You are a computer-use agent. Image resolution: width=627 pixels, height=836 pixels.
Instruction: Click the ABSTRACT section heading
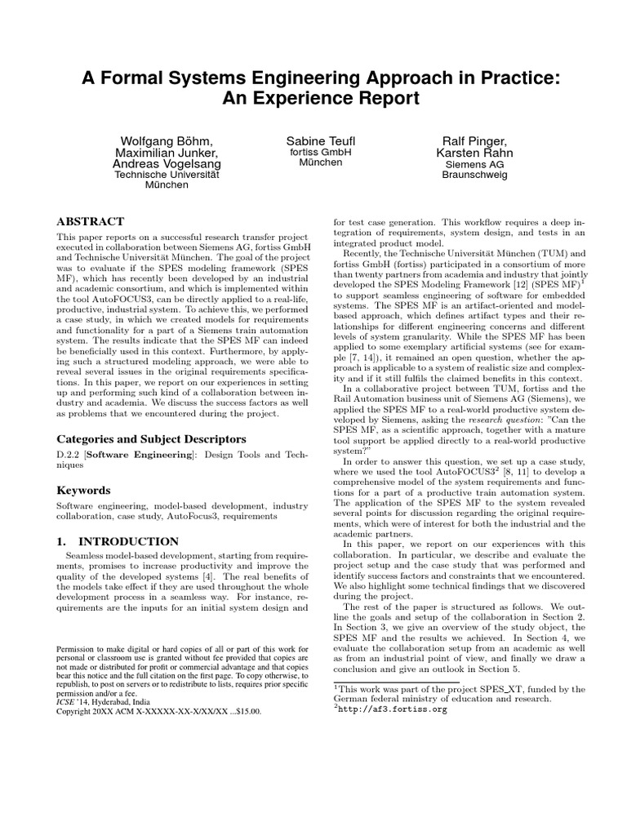click(90, 221)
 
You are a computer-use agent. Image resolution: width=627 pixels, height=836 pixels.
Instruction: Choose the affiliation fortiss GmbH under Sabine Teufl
click(313, 152)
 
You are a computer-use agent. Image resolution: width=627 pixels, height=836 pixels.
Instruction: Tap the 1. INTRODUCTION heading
click(117, 541)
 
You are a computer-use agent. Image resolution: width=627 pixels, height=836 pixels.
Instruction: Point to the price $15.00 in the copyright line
click(246, 711)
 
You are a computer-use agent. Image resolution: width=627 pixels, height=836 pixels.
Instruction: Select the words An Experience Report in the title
click(313, 99)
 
